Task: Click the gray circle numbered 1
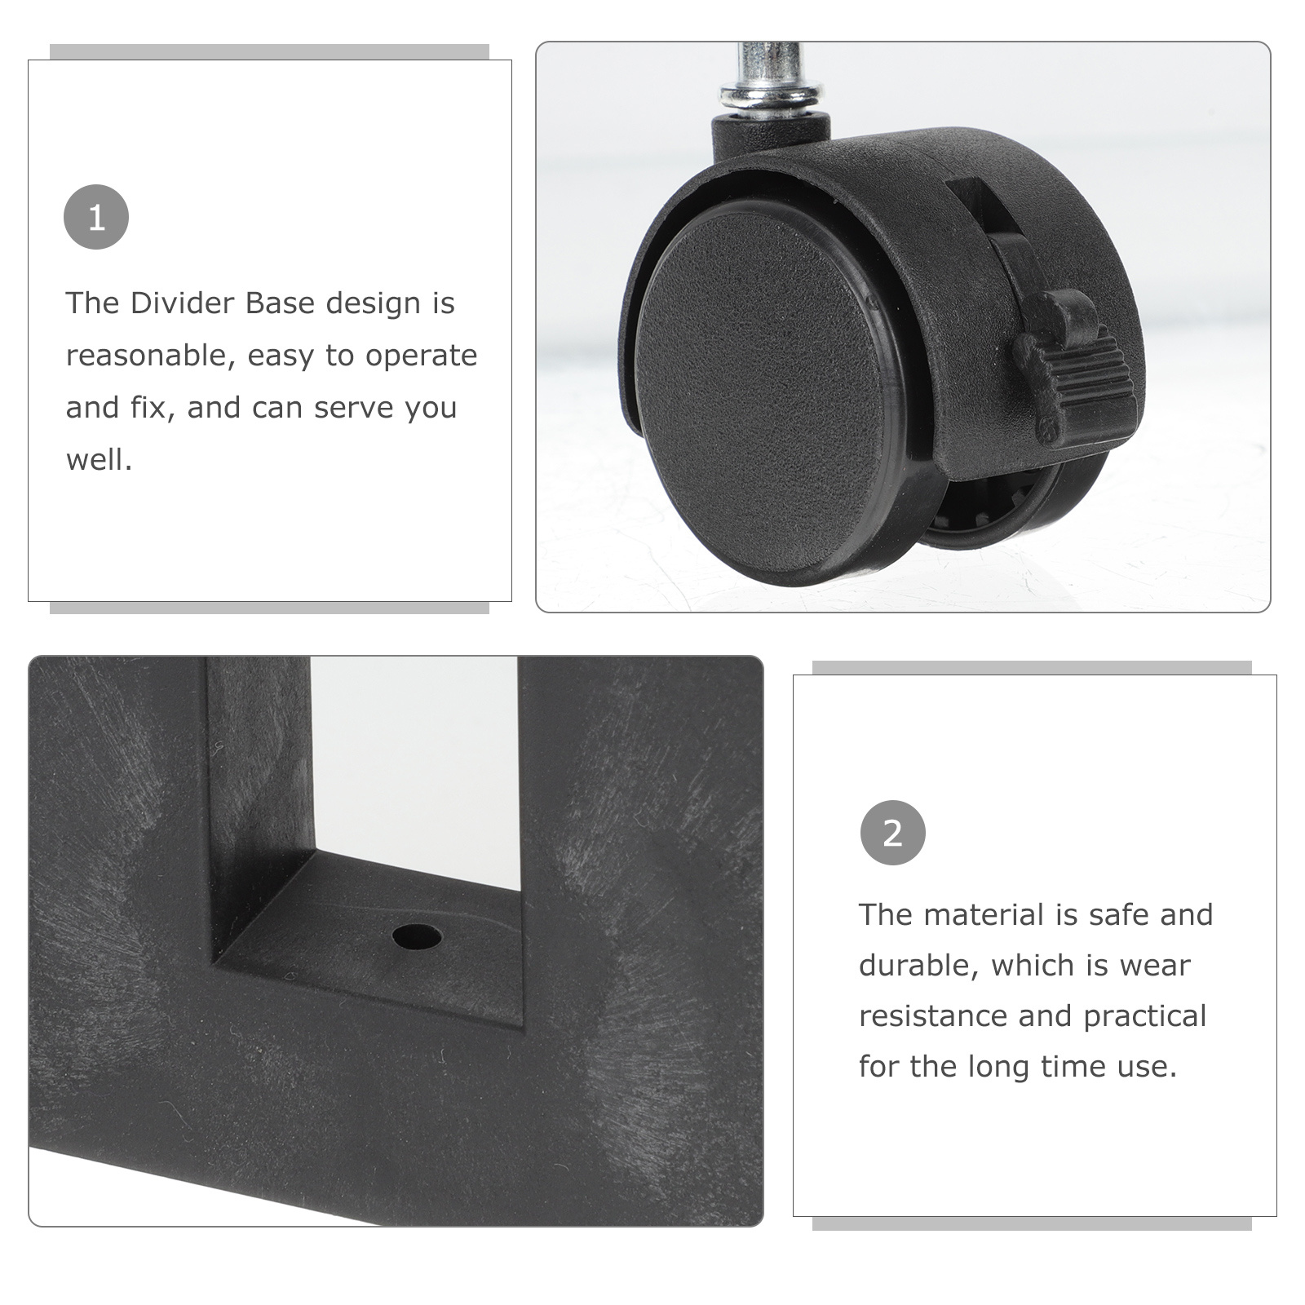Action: click(96, 217)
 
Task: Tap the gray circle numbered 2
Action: click(893, 833)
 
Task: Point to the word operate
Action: click(421, 356)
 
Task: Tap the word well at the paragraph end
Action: click(99, 459)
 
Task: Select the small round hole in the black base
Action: click(417, 936)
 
